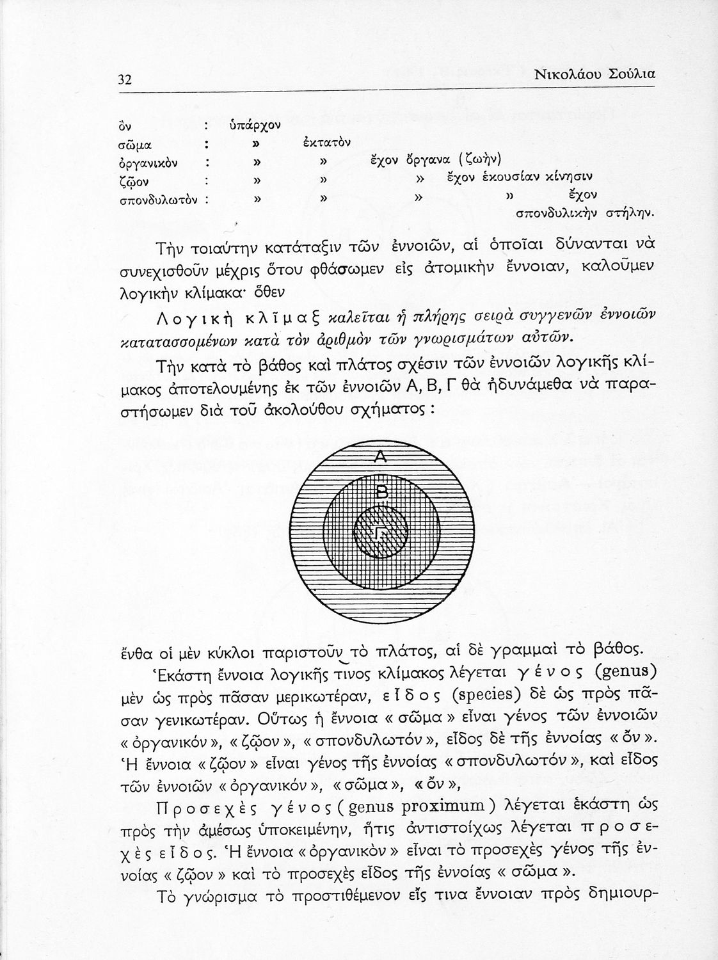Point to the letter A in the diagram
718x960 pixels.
380,457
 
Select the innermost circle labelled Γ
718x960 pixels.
380,532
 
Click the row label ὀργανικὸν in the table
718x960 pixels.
148,163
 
